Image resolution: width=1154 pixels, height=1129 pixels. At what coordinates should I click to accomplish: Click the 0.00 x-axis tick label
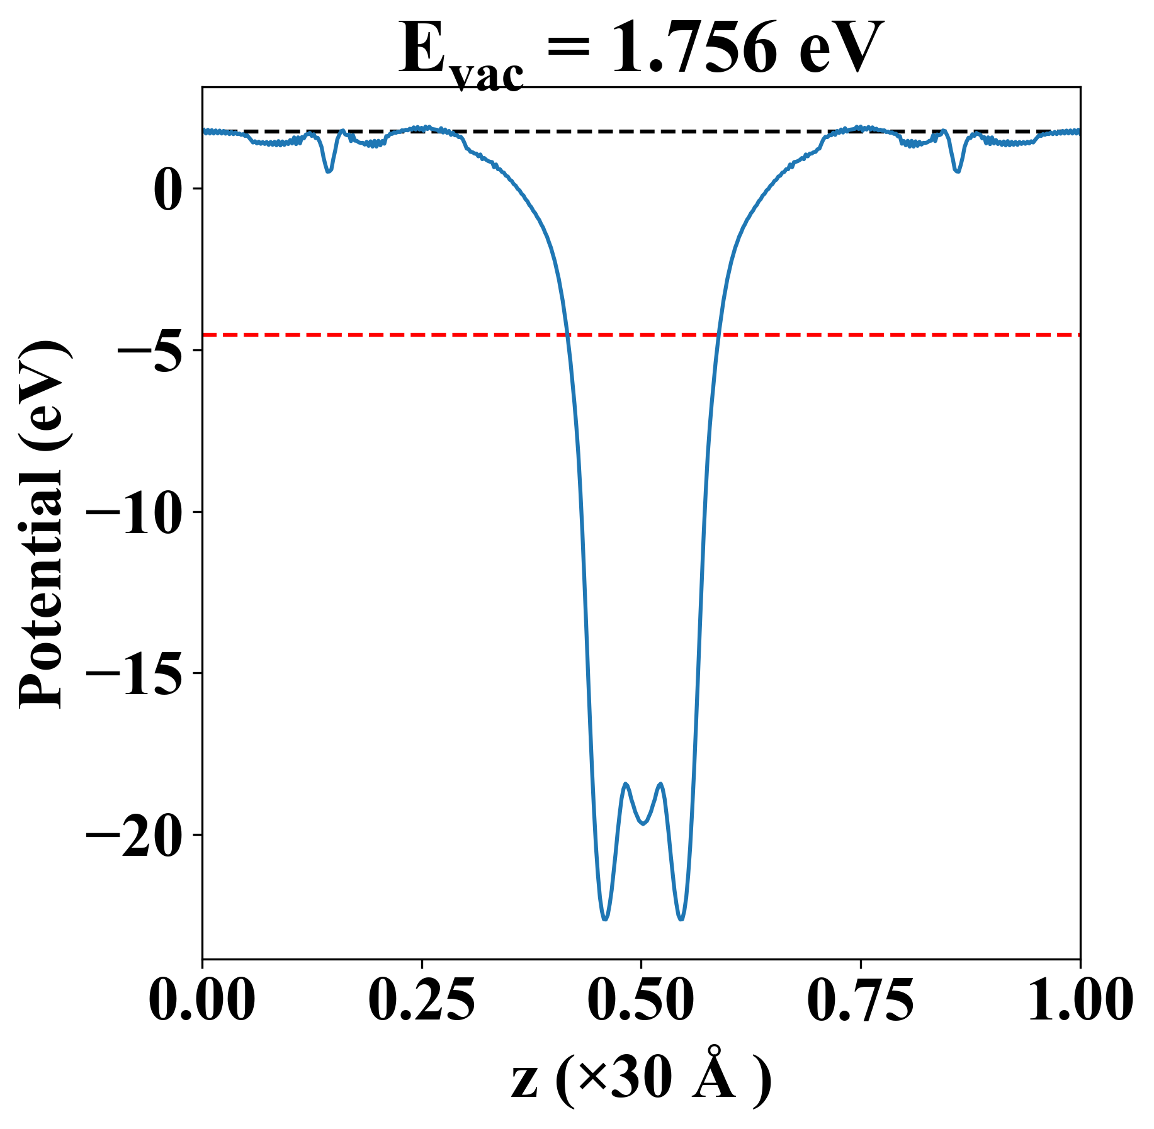point(202,1001)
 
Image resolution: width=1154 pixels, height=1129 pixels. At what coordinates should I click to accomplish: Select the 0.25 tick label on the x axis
point(421,1001)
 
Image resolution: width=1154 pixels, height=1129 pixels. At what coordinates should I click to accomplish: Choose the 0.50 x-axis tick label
point(641,1001)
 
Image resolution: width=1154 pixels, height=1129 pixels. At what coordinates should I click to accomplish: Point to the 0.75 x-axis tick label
point(860,1001)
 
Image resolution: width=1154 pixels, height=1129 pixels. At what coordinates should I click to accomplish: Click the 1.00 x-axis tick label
point(1079,1001)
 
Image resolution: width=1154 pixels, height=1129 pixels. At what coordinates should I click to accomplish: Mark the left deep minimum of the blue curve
point(605,919)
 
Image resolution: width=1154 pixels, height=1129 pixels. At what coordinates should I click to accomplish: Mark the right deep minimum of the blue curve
point(681,919)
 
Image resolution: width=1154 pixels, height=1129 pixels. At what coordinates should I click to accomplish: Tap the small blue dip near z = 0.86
point(958,171)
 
